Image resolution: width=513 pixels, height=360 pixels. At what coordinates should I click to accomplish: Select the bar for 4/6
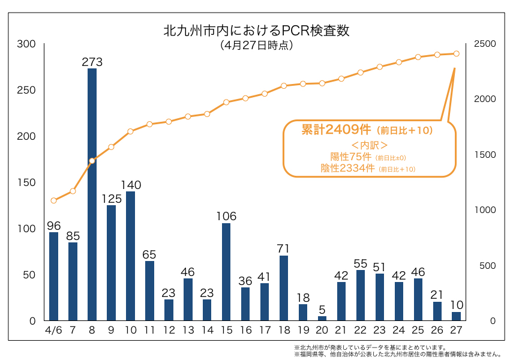coord(53,276)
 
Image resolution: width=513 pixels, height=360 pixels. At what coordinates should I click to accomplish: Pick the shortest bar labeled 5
coord(322,318)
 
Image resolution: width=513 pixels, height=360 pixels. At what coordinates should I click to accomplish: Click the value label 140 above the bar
coord(130,184)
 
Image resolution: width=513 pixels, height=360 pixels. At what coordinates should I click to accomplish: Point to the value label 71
coord(284,248)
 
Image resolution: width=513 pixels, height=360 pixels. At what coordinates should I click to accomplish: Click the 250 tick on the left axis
coord(26,91)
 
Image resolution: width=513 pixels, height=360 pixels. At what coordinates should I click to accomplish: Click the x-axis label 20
coord(322,331)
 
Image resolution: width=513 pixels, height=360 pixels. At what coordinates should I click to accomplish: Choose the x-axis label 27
coord(457,331)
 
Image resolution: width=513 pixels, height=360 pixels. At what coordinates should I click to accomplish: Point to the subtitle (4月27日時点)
coord(256,45)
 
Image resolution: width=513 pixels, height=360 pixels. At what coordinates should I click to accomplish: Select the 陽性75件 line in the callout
coord(347,157)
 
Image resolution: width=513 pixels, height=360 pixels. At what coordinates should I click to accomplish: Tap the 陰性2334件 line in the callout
coord(347,169)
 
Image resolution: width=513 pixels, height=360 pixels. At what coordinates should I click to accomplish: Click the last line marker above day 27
coord(457,53)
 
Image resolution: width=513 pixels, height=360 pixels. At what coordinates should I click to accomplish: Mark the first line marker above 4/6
coord(53,200)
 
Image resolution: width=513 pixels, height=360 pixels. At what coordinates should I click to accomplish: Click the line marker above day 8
coord(92,161)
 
